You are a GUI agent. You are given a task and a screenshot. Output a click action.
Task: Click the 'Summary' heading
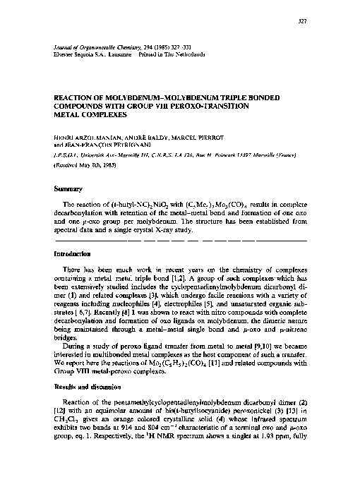[x=68, y=189]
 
